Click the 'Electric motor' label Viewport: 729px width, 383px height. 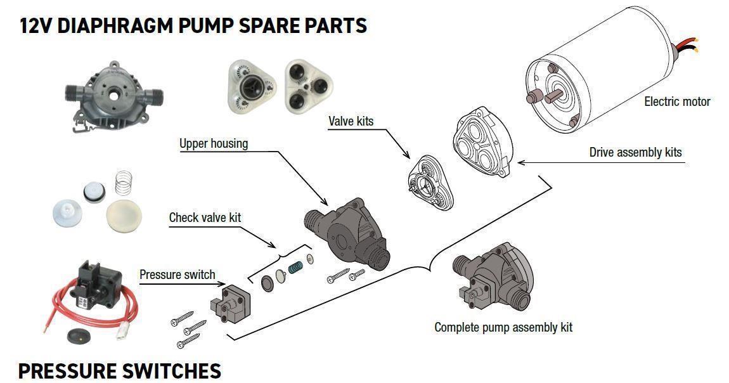[677, 101]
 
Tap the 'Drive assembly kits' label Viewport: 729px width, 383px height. [635, 152]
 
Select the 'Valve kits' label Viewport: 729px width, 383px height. [351, 120]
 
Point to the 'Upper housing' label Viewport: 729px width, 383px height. [214, 143]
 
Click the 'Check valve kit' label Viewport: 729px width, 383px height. [205, 217]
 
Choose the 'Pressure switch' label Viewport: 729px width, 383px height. [177, 275]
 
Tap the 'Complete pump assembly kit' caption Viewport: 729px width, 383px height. [503, 327]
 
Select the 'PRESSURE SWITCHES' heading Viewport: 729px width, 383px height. [120, 370]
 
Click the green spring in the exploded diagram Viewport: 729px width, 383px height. [296, 268]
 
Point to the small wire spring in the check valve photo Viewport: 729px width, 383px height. [120, 184]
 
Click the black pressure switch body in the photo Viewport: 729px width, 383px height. [95, 279]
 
